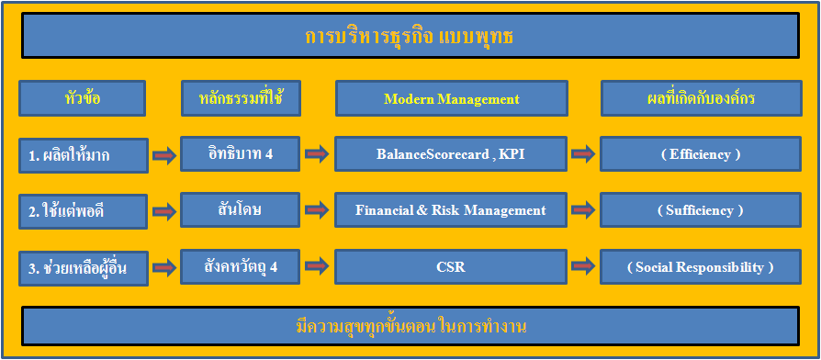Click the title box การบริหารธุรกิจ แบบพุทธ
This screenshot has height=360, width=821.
tap(410, 36)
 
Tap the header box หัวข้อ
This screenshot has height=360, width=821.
tap(83, 98)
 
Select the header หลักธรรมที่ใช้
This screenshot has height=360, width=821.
tap(241, 98)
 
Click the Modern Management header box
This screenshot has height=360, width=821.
tap(451, 98)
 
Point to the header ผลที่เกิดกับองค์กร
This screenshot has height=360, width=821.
tap(701, 98)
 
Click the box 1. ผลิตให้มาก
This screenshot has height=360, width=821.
tap(84, 155)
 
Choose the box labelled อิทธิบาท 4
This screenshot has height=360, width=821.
tap(241, 154)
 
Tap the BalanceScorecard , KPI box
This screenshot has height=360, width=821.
tap(451, 154)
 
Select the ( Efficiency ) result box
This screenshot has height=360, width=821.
tap(701, 154)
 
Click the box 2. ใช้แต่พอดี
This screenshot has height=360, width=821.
tap(83, 211)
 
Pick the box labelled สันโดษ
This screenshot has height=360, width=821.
tap(241, 209)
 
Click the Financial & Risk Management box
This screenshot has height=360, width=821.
tap(451, 209)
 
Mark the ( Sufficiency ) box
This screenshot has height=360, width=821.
tap(701, 209)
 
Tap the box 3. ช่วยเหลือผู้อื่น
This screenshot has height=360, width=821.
tap(84, 268)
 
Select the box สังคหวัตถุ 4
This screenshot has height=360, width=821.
tap(241, 267)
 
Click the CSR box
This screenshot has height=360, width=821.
tap(451, 267)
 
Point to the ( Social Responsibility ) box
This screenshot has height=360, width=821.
tap(701, 267)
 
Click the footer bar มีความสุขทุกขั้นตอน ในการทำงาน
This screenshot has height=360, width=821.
tap(410, 326)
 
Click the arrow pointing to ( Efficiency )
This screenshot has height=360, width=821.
tap(583, 154)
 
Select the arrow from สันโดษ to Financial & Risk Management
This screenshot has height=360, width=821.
tap(317, 210)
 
